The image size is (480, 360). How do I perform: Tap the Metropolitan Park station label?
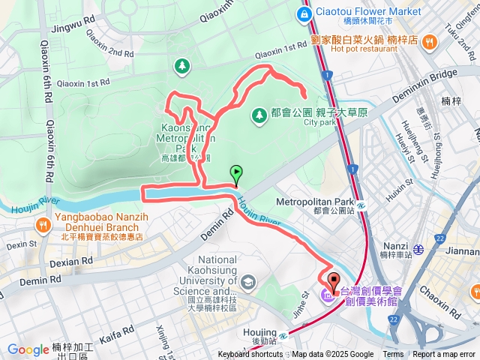[314, 202]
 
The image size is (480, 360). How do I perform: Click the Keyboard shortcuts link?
[251, 355]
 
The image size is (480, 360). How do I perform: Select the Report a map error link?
[444, 355]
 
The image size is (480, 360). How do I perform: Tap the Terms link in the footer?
[393, 355]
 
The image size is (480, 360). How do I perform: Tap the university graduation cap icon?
[249, 282]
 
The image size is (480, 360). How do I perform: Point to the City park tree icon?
[259, 115]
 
